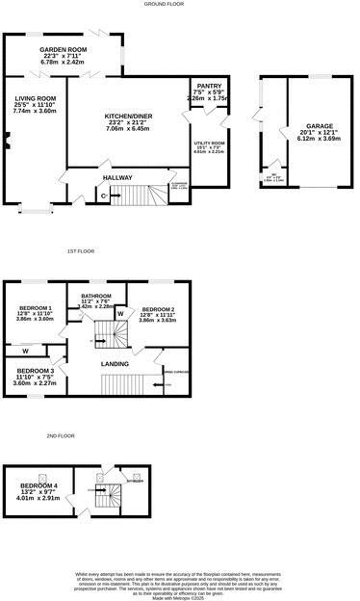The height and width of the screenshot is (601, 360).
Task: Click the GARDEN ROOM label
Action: click(x=64, y=49)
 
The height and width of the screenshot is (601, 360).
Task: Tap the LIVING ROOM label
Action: click(x=35, y=97)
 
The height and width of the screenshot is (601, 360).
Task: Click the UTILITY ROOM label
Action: click(x=209, y=143)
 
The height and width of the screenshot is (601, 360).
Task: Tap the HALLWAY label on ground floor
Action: click(x=116, y=178)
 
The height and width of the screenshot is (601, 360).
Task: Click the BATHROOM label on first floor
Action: click(x=96, y=296)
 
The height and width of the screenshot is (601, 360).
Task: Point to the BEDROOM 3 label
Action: click(x=34, y=371)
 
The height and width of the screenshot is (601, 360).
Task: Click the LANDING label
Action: click(x=115, y=363)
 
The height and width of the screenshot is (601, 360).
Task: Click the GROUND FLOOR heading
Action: click(x=164, y=4)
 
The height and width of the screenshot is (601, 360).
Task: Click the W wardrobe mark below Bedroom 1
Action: click(x=24, y=351)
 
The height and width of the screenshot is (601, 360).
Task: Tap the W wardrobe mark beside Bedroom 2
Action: click(x=120, y=314)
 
